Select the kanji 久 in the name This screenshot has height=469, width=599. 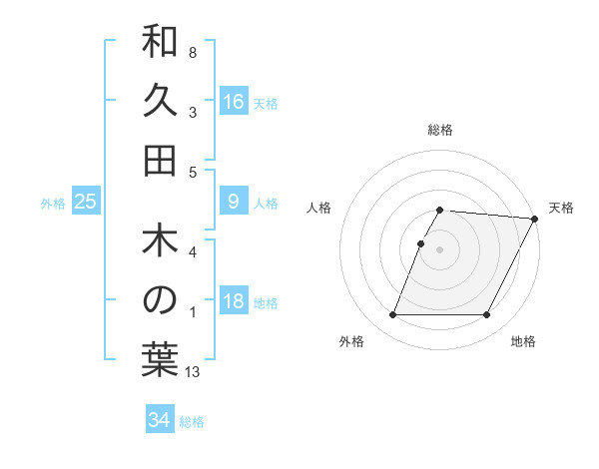(x=160, y=103)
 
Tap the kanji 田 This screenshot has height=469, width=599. (x=160, y=160)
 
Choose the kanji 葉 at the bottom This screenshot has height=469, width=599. (x=160, y=358)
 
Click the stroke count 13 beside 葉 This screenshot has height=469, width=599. (x=193, y=372)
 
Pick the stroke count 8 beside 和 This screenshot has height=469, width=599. (x=192, y=52)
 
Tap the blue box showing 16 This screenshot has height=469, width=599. (x=234, y=102)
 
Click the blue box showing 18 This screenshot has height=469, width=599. (x=234, y=302)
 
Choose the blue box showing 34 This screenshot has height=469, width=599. (x=160, y=420)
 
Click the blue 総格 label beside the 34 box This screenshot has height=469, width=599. (x=192, y=422)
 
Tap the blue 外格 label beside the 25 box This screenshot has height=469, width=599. (x=53, y=204)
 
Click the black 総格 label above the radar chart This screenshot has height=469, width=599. (x=440, y=130)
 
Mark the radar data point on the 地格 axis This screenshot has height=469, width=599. (x=487, y=315)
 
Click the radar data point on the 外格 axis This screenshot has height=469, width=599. (x=392, y=315)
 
